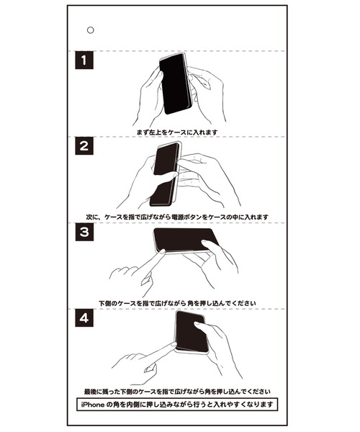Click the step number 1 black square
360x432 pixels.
(86, 62)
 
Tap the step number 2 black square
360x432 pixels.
(86, 148)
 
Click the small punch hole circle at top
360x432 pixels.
(90, 30)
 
